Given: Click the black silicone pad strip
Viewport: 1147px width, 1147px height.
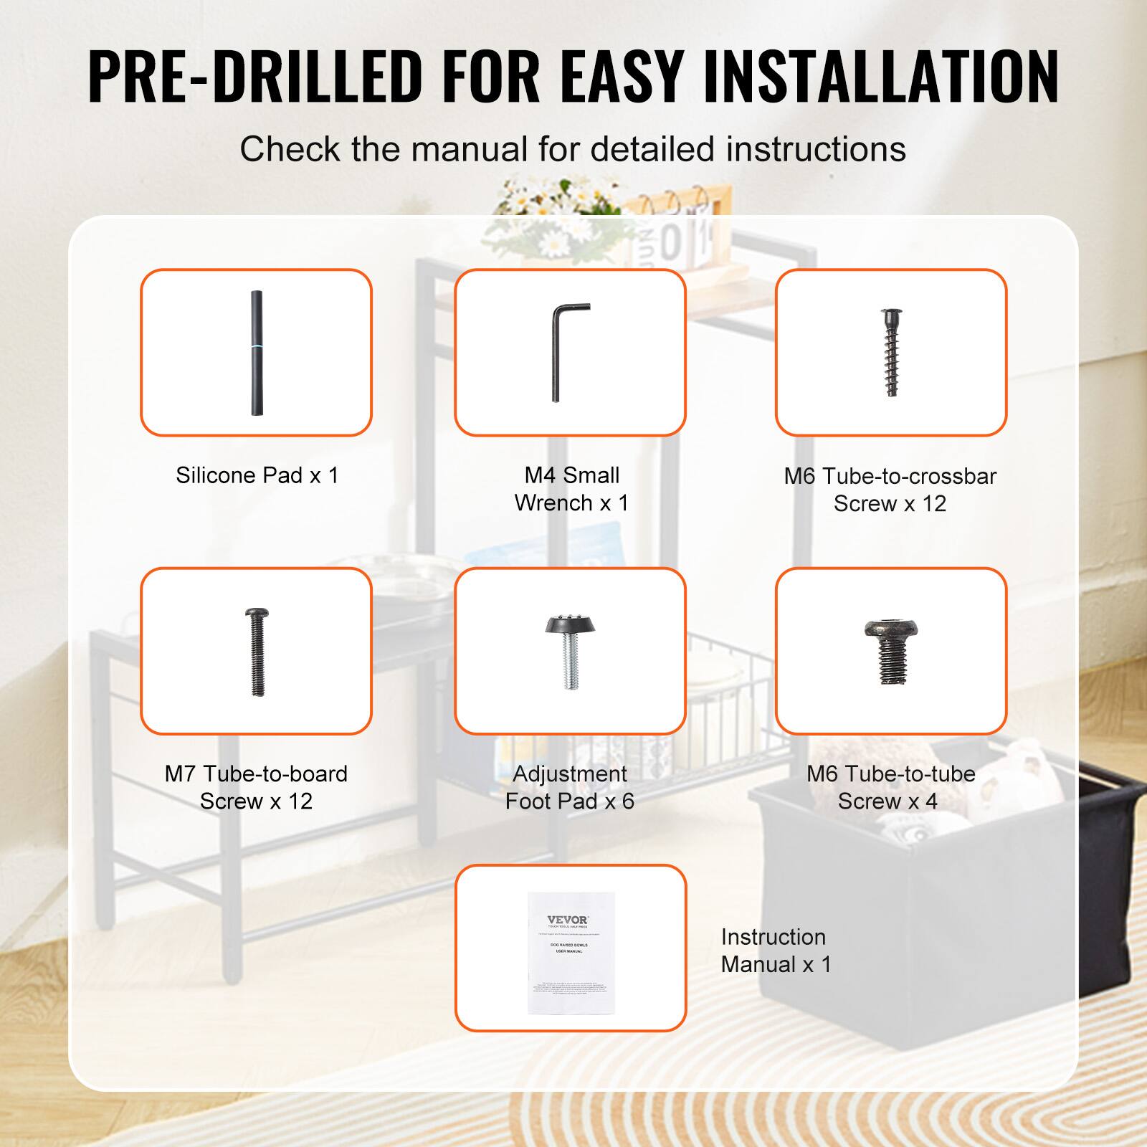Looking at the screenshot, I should pos(256,353).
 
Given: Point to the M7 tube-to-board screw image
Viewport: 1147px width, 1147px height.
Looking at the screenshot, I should pos(257,652).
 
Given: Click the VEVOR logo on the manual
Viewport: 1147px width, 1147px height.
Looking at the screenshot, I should pos(568,920).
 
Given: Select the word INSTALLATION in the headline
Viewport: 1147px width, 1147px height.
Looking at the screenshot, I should pos(881,76).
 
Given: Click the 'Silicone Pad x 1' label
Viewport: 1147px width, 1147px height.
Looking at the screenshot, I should pos(257,475).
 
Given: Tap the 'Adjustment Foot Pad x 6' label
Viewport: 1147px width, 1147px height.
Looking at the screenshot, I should pos(570,787).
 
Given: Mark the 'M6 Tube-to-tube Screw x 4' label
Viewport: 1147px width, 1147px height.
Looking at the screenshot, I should pos(890,787).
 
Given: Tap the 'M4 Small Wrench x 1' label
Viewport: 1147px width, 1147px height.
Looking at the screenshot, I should pos(571,489).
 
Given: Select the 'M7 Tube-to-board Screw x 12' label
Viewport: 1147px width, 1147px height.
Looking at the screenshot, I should pos(256,787).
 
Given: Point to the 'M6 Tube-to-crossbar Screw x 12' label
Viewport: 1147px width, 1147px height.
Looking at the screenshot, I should pos(890,490).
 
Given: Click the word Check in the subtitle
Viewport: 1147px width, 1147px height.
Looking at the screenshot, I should pos(290,149).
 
